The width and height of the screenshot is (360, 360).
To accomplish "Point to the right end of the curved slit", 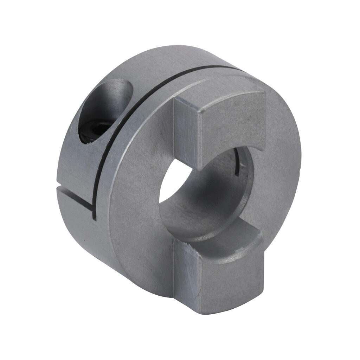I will [243, 69].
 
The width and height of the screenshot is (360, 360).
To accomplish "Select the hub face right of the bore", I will [278, 169].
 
